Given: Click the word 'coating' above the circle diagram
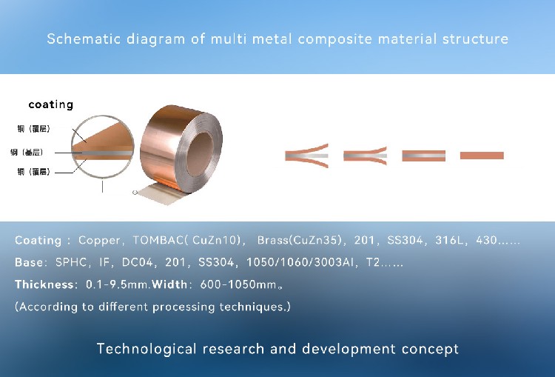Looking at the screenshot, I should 50,104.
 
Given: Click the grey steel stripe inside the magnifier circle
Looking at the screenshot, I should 104,153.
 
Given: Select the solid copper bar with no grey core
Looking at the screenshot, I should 482,156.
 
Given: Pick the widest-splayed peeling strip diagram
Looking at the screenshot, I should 307,156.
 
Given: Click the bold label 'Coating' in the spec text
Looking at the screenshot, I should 38,241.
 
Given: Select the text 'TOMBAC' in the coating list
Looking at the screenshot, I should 158,241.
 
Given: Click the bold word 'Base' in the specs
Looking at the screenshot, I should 29,263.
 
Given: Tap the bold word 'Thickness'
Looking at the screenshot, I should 44,284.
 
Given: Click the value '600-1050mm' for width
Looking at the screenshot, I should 232,284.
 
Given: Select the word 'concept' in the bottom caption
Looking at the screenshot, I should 432,349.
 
